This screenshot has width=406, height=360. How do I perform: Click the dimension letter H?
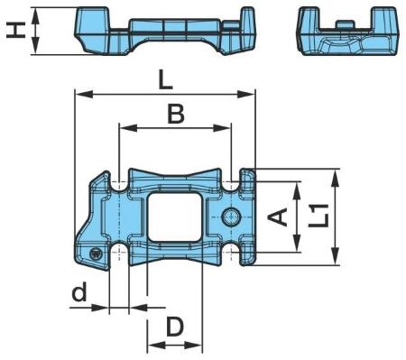16,32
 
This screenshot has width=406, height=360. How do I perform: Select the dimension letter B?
176,115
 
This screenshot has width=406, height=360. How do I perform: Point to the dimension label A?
278,217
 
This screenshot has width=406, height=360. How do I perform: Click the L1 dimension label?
318,216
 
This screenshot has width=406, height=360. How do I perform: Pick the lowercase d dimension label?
79,291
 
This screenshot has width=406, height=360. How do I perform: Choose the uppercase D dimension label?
175,328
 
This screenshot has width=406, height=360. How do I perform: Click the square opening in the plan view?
174,217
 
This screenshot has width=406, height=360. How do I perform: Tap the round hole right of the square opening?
231,217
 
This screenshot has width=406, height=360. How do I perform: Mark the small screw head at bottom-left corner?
97,254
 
